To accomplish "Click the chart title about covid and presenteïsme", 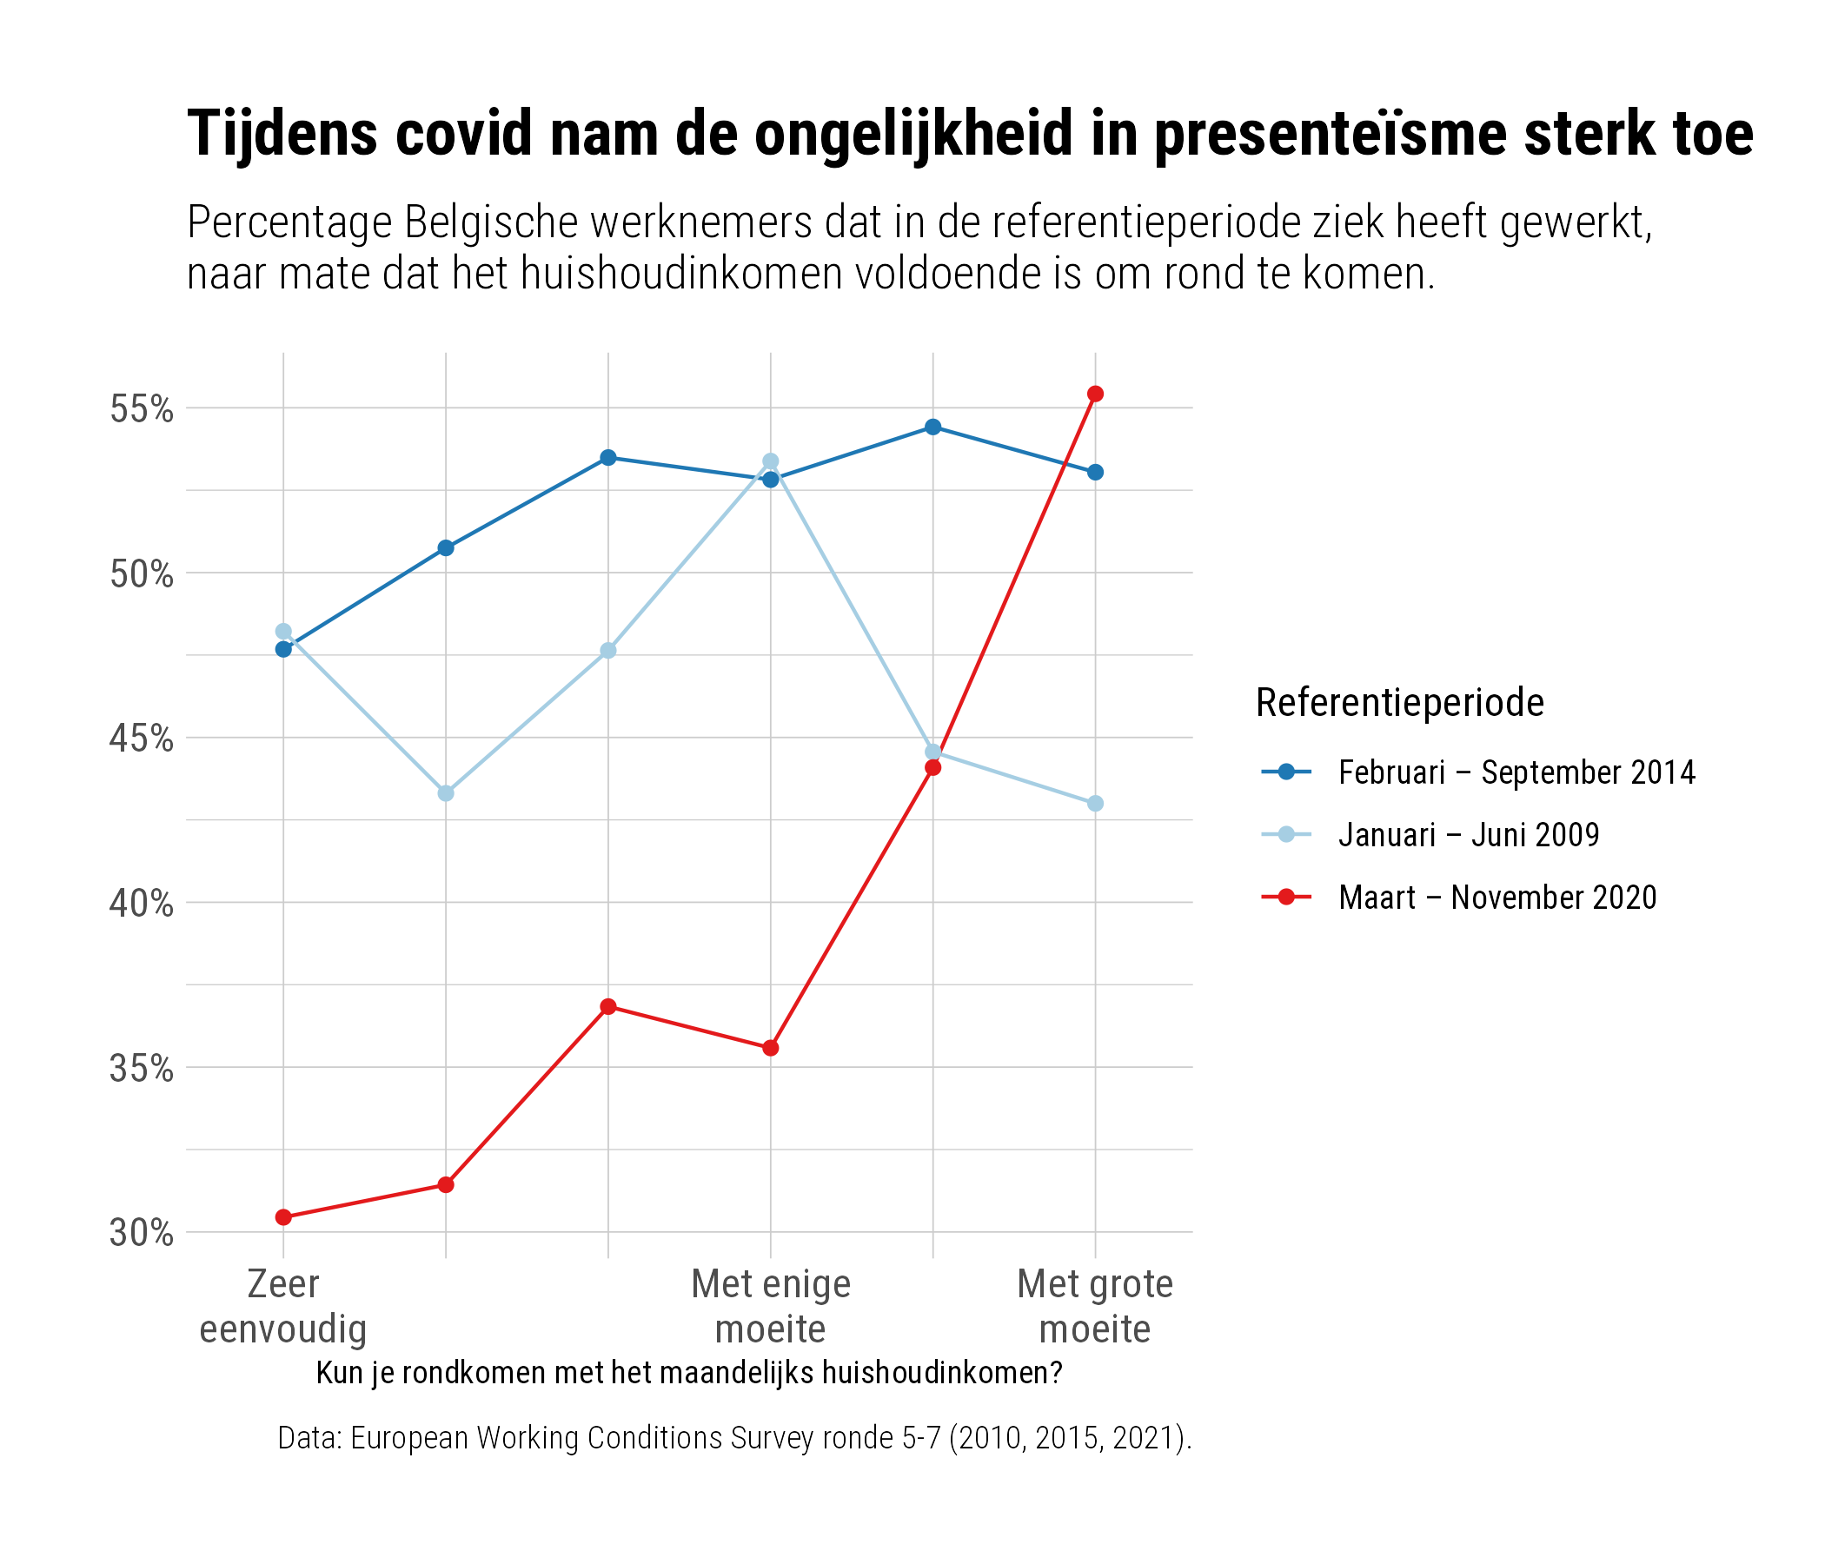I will (970, 134).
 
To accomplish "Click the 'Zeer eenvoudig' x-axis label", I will (282, 1306).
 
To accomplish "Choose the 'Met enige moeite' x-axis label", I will (771, 1306).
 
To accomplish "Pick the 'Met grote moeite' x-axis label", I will (1095, 1306).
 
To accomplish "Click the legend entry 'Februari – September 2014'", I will (1516, 772).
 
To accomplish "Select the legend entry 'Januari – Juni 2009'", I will (1469, 835).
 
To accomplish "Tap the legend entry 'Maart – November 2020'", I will (1497, 898).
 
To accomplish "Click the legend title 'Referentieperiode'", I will (1399, 703).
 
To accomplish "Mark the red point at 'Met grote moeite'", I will (1095, 394).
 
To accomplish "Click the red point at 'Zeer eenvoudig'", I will (283, 1217).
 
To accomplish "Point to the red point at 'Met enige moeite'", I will (771, 1048).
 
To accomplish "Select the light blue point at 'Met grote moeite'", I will (1095, 803).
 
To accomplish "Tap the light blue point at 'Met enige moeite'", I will (771, 461).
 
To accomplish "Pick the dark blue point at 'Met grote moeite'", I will (1095, 472).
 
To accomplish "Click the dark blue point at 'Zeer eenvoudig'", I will (283, 649).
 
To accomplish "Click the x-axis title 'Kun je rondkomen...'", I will (689, 1373).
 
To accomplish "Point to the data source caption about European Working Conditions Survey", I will (734, 1437).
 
